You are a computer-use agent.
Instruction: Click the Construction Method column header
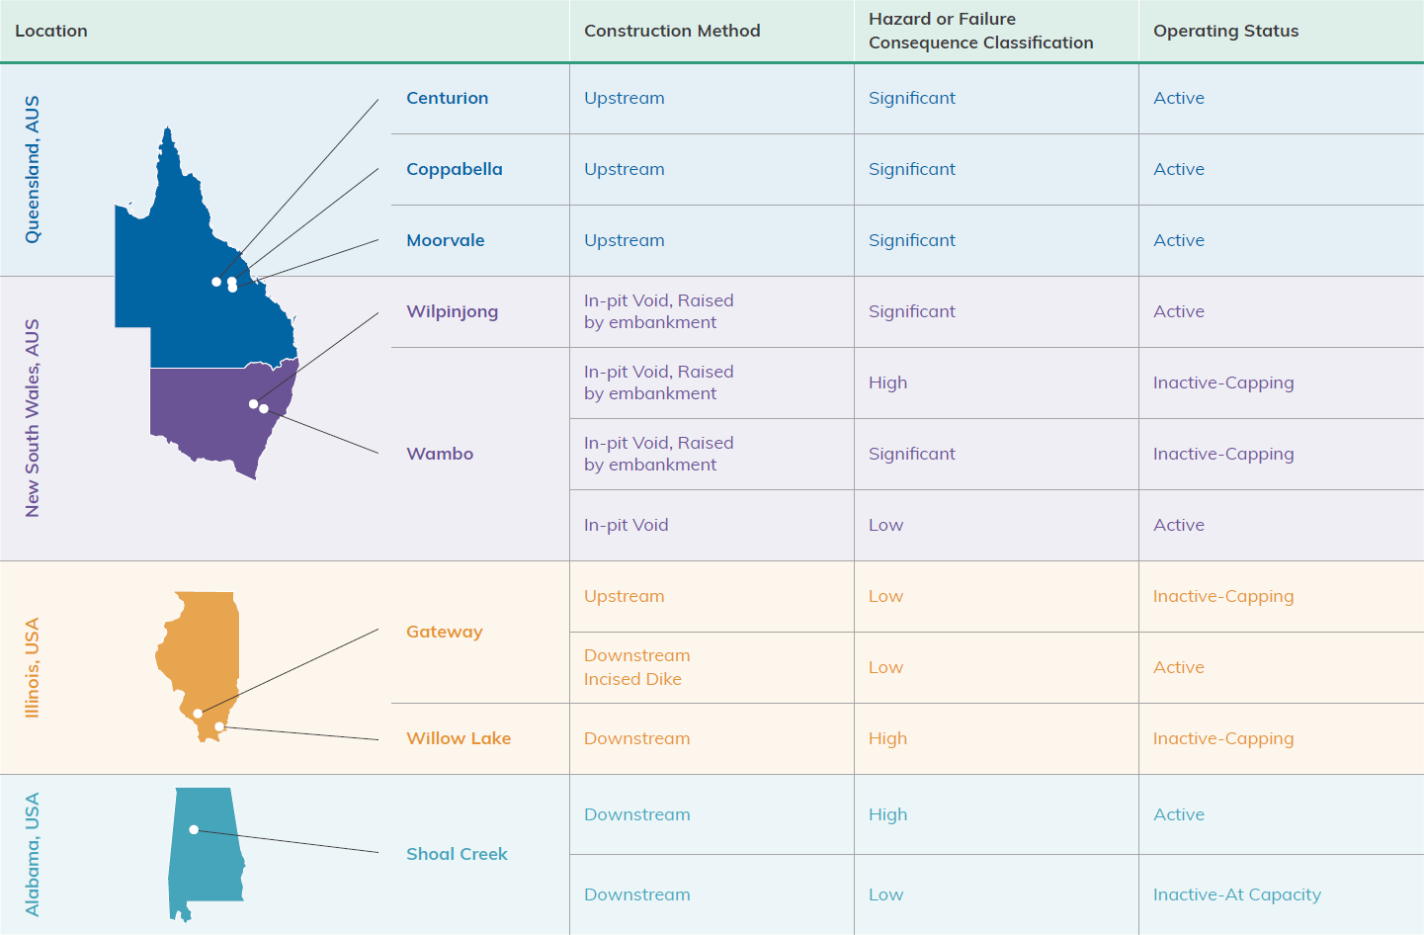(672, 31)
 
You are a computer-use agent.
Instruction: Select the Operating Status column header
(1225, 31)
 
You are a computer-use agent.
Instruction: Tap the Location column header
(50, 31)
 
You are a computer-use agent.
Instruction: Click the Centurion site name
(447, 98)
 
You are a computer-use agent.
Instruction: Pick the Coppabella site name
(454, 169)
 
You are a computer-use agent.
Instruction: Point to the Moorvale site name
(445, 240)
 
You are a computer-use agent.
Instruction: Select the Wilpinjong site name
(452, 311)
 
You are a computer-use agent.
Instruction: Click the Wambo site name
(440, 454)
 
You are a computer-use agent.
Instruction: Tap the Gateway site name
(445, 632)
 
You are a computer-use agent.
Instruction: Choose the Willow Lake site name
(459, 738)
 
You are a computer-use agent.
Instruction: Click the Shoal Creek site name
(457, 854)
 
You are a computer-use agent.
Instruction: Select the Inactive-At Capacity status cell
(1237, 894)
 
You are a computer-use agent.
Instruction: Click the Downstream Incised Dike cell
(637, 667)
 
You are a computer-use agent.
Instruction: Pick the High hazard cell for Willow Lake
(887, 738)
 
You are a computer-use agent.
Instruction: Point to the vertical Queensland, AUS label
(32, 170)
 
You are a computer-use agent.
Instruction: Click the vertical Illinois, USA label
(32, 667)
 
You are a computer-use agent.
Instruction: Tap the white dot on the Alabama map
(194, 829)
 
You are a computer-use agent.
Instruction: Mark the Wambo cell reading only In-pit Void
(626, 525)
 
